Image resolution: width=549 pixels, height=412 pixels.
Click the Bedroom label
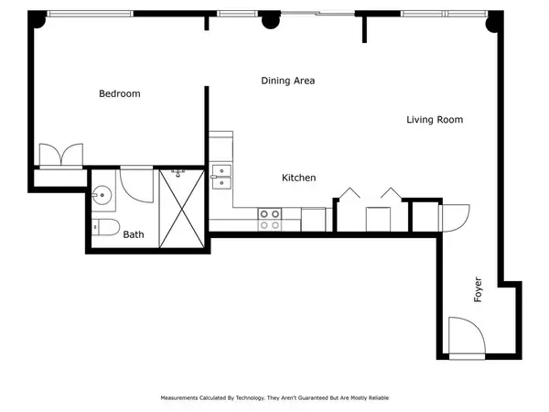119,93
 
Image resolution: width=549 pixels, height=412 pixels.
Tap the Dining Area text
287,81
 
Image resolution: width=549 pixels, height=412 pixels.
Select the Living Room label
434,120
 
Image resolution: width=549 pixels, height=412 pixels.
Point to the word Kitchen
298,178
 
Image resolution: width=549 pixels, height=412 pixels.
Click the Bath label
134,234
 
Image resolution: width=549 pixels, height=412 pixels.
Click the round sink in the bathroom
101,194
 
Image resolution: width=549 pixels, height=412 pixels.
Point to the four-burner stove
269,219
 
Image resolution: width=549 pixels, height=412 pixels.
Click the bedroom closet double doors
60,154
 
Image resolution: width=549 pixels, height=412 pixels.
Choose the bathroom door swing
137,186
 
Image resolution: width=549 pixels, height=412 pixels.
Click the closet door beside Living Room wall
454,218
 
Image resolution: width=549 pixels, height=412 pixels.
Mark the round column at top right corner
495,21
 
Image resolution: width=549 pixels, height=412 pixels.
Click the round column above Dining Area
270,20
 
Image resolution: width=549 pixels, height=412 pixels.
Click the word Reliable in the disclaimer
371,398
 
